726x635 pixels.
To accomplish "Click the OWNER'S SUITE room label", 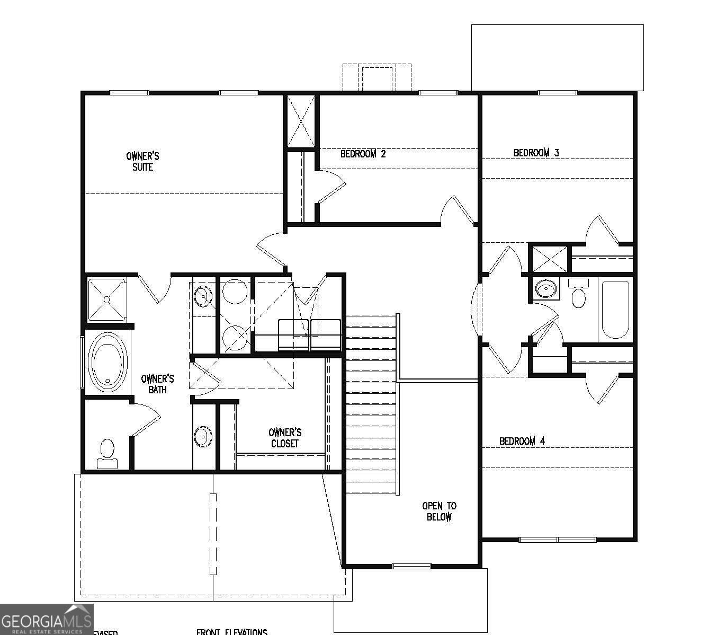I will point(142,162).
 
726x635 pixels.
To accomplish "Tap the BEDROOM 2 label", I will point(363,154).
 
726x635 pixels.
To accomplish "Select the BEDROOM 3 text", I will point(536,153).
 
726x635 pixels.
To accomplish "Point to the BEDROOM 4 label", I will point(522,441).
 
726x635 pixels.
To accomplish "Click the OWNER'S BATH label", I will point(157,384).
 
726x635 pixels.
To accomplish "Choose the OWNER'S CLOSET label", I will point(285,438).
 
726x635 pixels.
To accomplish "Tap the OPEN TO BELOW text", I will point(439,511).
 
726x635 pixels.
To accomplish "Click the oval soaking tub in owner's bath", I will point(108,363).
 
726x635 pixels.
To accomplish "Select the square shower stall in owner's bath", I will point(106,299).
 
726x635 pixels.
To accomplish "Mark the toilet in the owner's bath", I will point(107,452).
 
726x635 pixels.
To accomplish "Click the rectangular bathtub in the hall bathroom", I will point(615,310).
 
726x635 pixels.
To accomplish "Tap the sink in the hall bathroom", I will point(545,289).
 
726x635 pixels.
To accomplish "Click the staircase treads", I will point(371,403).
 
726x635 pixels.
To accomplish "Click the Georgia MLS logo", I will point(47,619).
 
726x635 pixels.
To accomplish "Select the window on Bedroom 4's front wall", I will point(557,540).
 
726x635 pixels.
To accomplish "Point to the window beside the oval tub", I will point(82,361).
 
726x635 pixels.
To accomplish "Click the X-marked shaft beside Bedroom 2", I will point(301,121).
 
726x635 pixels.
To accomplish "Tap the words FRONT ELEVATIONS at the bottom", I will point(231,632).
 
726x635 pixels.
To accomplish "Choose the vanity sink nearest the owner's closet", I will point(203,436).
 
